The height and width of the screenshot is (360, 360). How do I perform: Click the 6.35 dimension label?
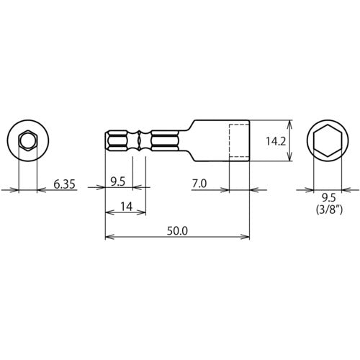66,184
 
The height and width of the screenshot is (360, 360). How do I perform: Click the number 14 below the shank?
125,207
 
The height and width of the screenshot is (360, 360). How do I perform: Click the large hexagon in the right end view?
329,141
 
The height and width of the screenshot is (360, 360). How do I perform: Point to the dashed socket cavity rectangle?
239,142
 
